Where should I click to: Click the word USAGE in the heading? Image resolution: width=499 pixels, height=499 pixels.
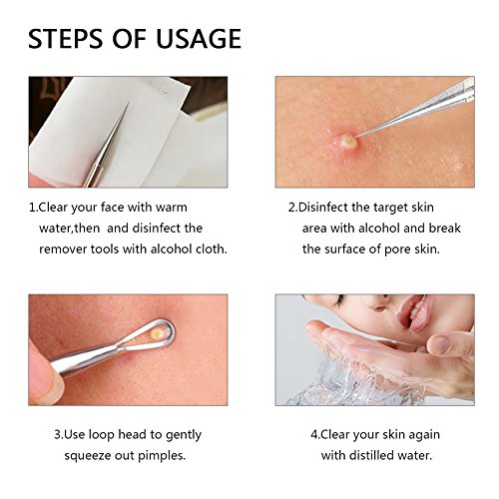tap(199, 39)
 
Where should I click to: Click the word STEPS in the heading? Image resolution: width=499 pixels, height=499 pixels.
tap(66, 39)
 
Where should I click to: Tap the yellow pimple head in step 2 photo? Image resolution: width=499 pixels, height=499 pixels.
tap(348, 141)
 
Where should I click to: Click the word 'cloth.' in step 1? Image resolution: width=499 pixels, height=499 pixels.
tap(212, 249)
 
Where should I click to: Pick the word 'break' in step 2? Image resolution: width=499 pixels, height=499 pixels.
tap(444, 228)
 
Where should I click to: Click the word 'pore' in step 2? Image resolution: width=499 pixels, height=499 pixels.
tap(397, 249)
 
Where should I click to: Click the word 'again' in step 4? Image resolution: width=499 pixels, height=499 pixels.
tap(424, 435)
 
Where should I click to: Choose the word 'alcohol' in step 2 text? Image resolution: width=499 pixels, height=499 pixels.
tap(376, 228)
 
